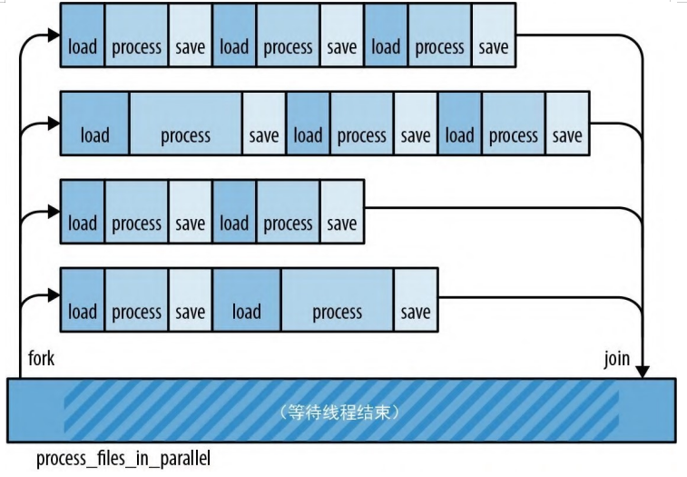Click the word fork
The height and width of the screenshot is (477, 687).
pyautogui.click(x=42, y=359)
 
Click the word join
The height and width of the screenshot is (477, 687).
pyautogui.click(x=616, y=359)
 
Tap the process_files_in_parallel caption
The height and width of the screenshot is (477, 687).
pyautogui.click(x=123, y=459)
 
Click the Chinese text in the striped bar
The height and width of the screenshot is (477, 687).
pyautogui.click(x=341, y=411)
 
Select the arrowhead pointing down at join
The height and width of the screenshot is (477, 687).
pyautogui.click(x=643, y=370)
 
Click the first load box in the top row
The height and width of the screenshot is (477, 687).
pyautogui.click(x=83, y=47)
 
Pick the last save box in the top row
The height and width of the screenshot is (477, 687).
pyautogui.click(x=494, y=47)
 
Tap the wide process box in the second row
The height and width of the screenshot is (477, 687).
pyautogui.click(x=185, y=135)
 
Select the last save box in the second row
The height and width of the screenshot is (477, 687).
pyautogui.click(x=567, y=135)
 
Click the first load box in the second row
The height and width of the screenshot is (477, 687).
pyautogui.click(x=94, y=135)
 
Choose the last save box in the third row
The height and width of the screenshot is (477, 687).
pyautogui.click(x=342, y=224)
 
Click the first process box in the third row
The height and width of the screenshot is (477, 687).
pyautogui.click(x=136, y=224)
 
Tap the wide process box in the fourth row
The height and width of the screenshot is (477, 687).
pyautogui.click(x=337, y=312)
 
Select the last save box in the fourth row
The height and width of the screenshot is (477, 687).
pyautogui.click(x=416, y=312)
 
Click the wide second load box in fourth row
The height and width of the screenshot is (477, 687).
pyautogui.click(x=246, y=312)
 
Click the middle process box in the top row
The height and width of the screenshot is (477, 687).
pyautogui.click(x=288, y=47)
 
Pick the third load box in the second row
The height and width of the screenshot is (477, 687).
pyautogui.click(x=459, y=135)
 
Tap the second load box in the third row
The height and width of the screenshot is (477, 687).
pyautogui.click(x=234, y=224)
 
